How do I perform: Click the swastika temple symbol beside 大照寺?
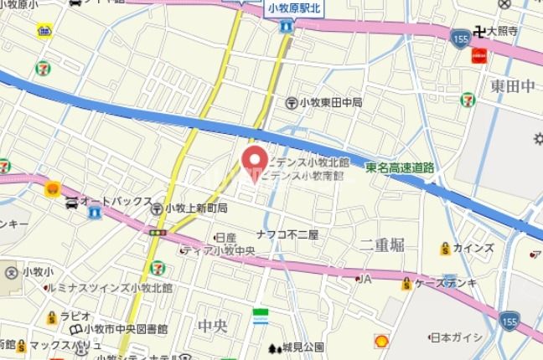[479, 32]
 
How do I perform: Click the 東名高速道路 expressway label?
[400, 167]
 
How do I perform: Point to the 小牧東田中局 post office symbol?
[292, 103]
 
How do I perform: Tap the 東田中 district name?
[513, 86]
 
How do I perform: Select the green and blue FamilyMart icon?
[261, 317]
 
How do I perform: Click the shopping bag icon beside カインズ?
[444, 249]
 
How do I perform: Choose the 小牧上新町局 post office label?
[196, 208]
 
